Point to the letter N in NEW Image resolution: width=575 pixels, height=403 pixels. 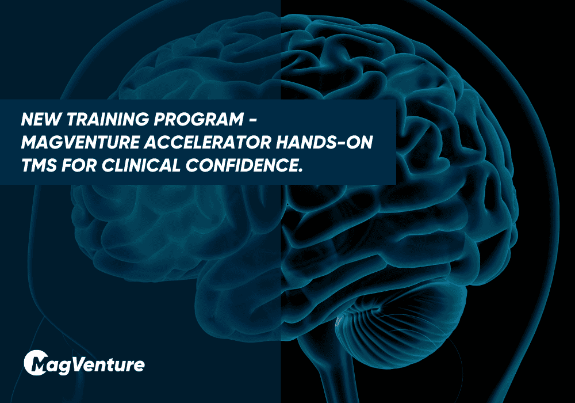(27, 120)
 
